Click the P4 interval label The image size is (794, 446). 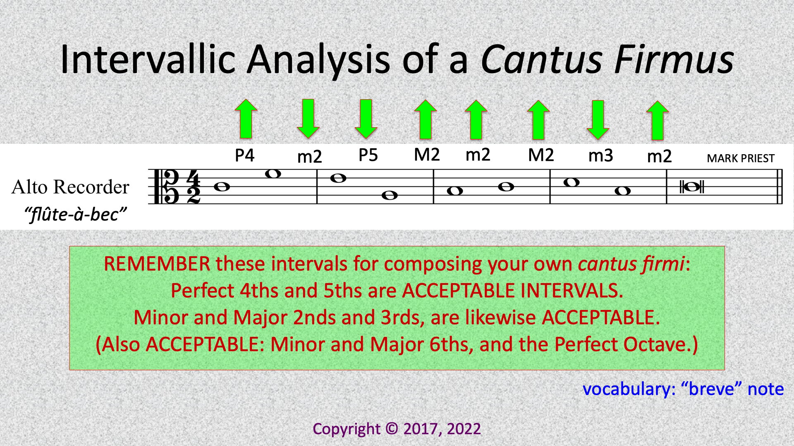tap(244, 155)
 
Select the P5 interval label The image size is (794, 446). tap(368, 155)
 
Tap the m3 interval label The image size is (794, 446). tap(600, 156)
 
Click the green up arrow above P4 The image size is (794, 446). tap(246, 119)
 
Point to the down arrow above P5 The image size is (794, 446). tap(366, 119)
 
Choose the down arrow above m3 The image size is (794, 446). tap(598, 120)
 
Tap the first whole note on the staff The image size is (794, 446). tap(222, 187)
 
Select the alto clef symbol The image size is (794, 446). tap(166, 187)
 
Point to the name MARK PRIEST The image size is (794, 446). tap(740, 159)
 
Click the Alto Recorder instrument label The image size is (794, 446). tap(70, 187)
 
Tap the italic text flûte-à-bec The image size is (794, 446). tap(75, 215)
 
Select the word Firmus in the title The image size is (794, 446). tap(674, 59)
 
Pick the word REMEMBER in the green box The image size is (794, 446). tap(157, 264)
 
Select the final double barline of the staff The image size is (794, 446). tap(780, 187)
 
